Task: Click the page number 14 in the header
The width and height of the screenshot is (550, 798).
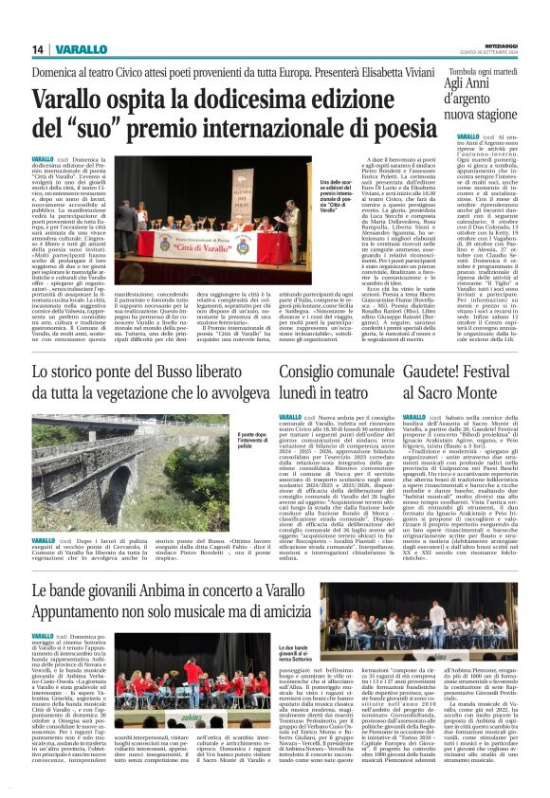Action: [x=39, y=49]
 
